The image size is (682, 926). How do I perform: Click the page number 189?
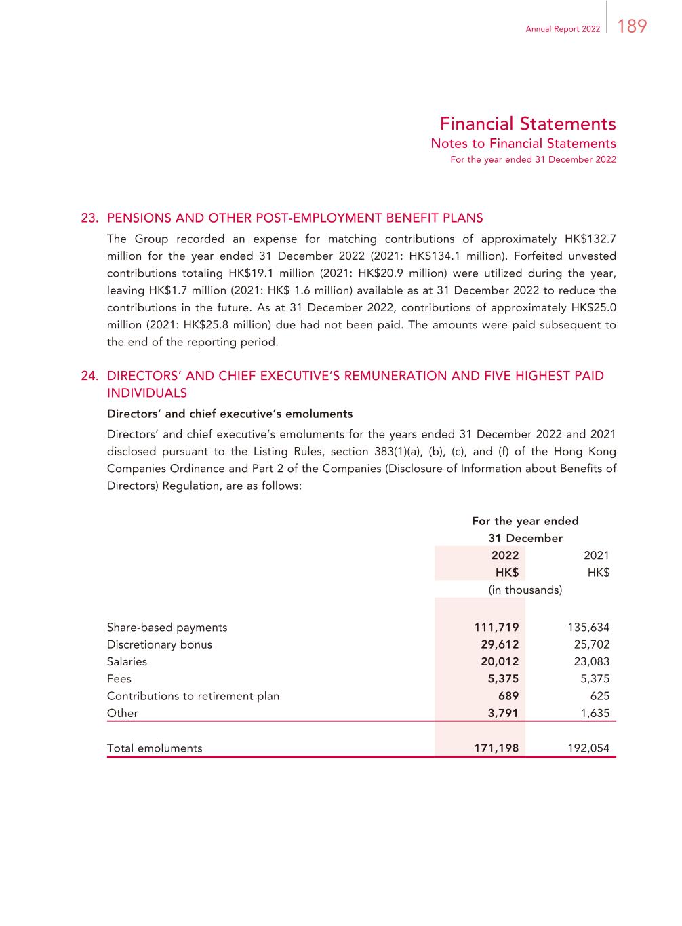(x=632, y=26)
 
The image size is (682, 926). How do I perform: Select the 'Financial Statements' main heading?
(x=527, y=123)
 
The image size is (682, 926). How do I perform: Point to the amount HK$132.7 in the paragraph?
(x=590, y=239)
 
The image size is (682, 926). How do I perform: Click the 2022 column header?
(x=505, y=555)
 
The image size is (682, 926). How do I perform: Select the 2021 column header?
(x=597, y=555)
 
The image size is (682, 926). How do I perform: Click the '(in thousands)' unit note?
(x=525, y=590)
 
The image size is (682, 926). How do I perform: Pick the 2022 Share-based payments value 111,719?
(x=496, y=628)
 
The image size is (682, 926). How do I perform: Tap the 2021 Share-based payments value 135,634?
(x=588, y=628)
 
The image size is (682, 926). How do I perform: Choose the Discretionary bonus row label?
(x=159, y=644)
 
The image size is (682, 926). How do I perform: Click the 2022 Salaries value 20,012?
(x=500, y=661)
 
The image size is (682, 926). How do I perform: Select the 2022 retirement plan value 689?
(x=508, y=695)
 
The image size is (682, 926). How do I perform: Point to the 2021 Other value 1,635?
(x=595, y=713)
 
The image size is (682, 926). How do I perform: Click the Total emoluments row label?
(x=155, y=748)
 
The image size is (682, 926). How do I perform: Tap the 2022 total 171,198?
(x=496, y=748)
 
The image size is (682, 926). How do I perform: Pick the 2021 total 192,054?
(x=588, y=748)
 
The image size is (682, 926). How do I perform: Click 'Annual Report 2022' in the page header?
(x=563, y=29)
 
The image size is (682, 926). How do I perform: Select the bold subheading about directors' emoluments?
(x=230, y=414)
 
